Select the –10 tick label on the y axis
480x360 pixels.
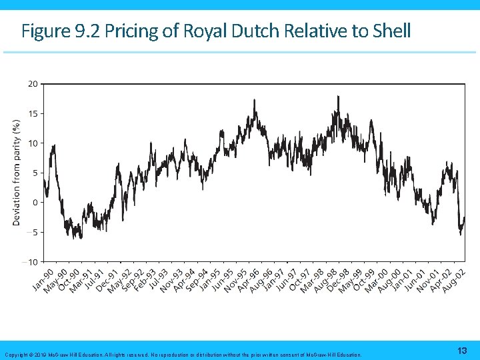pyautogui.click(x=31, y=261)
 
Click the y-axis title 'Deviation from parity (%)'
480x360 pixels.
pyautogui.click(x=17, y=172)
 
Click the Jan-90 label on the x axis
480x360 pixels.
pyautogui.click(x=43, y=279)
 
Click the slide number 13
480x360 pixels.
pyautogui.click(x=462, y=351)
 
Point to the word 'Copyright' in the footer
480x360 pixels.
pyautogui.click(x=16, y=355)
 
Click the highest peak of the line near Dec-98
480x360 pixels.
pyautogui.click(x=338, y=97)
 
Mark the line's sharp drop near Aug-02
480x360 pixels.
pyautogui.click(x=459, y=213)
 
